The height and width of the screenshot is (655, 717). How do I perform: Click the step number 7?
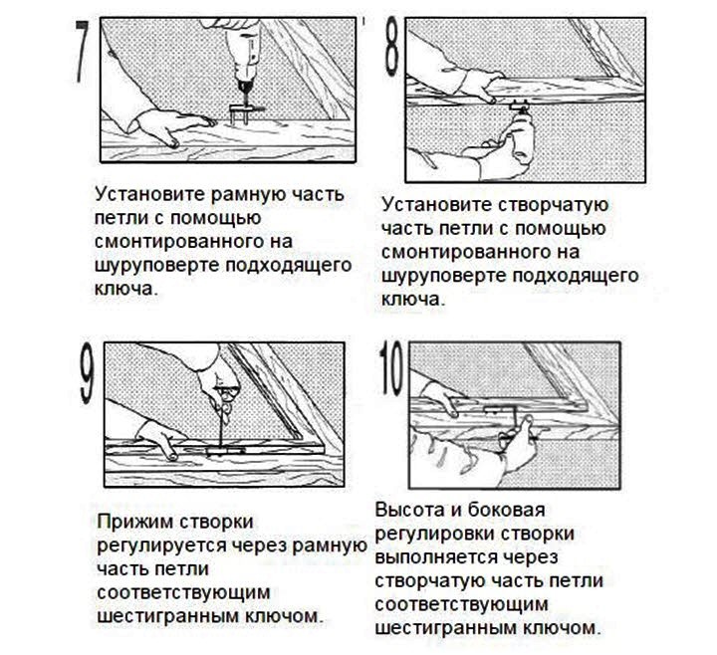pos(83,51)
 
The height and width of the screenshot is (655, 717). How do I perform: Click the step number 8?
pos(392,47)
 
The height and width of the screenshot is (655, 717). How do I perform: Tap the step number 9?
pos(88,372)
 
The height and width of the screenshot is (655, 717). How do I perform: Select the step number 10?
pos(392,368)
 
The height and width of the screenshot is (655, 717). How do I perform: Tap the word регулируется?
pos(161,546)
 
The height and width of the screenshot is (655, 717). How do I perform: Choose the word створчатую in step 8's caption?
pos(553,205)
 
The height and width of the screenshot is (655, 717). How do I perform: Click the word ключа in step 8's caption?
pos(412,300)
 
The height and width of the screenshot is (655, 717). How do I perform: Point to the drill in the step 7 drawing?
pos(244,60)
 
